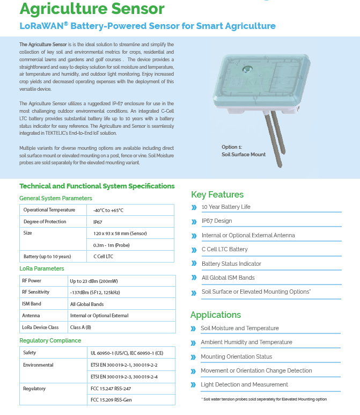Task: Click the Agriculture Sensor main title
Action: coord(92,9)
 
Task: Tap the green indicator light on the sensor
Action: coord(248,69)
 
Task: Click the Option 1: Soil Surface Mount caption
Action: coord(244,151)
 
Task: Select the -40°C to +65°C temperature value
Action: coord(108,210)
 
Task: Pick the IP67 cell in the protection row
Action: coord(98,222)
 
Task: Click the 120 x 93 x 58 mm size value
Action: coord(120,234)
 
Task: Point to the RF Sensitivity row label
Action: coord(35,292)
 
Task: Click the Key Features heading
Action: coord(217,194)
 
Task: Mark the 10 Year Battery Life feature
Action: coord(226,207)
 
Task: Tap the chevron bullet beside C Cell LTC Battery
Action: coord(194,250)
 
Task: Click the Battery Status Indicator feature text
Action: coord(231,264)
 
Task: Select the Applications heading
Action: coord(216,315)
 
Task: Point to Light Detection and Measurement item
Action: coord(244,384)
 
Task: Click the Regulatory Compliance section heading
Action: coord(50,340)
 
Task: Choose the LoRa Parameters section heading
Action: coord(42,268)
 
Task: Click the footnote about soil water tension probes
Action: coord(263,399)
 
